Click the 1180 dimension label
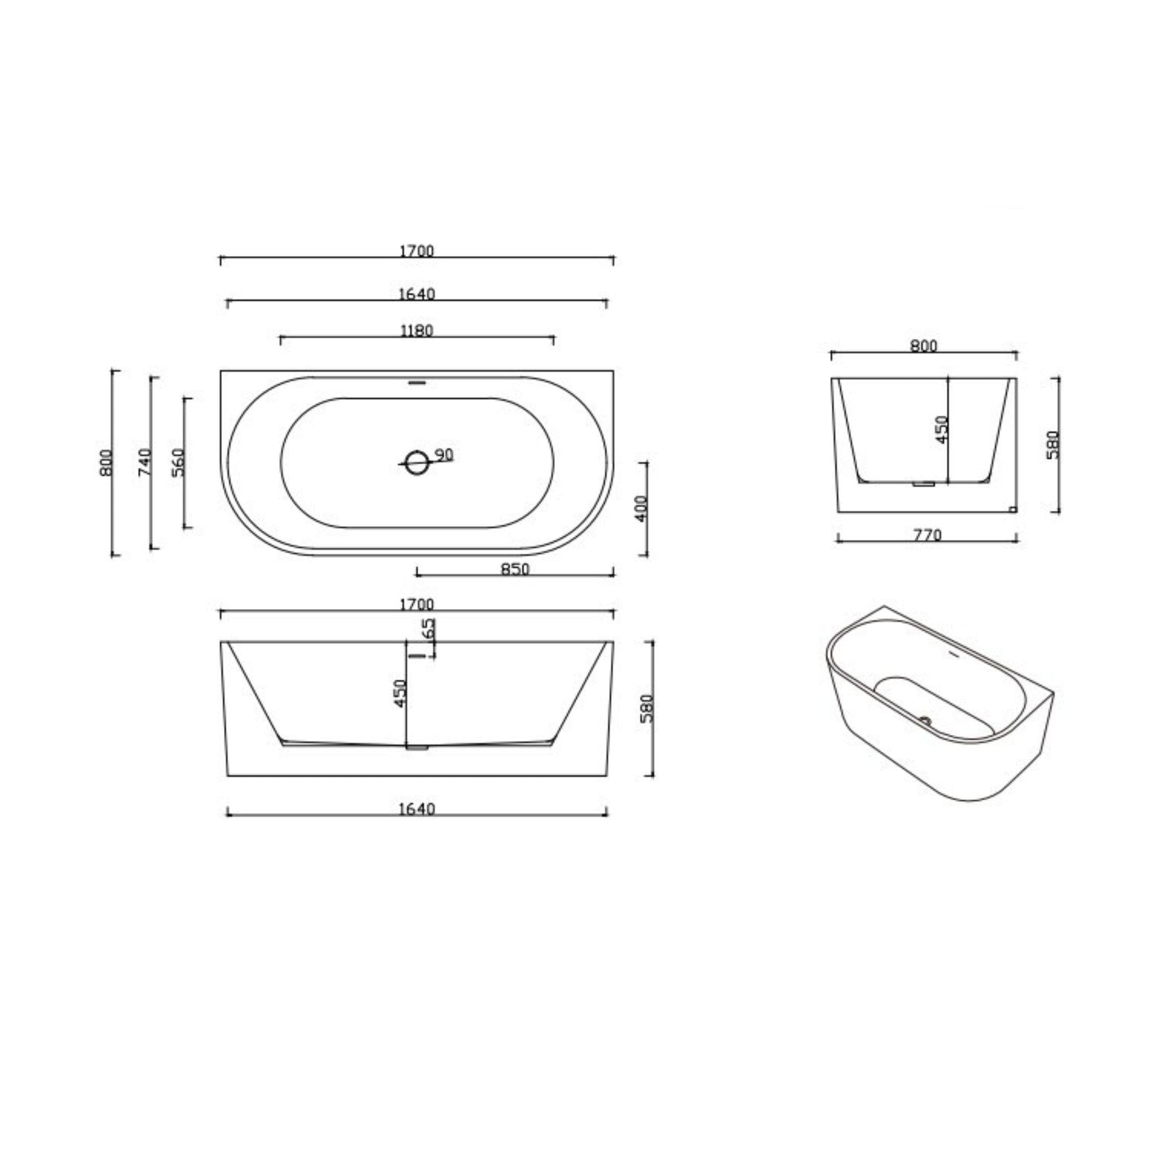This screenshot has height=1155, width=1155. (x=416, y=330)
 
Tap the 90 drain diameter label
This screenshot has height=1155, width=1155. (x=444, y=455)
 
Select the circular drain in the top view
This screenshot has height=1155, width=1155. (x=417, y=462)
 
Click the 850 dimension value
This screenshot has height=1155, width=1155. (x=515, y=569)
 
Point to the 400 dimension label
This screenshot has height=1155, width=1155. (x=641, y=509)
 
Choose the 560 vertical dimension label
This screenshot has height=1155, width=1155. (x=178, y=462)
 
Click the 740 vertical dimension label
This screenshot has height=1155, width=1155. (x=145, y=462)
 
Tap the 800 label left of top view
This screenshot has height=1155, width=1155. (x=106, y=462)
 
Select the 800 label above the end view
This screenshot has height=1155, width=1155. (x=924, y=346)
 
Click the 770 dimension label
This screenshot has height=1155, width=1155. (x=927, y=535)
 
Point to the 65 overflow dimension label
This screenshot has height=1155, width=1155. (x=428, y=629)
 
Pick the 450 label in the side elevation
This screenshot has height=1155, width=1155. (x=400, y=693)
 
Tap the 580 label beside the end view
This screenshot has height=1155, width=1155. (x=1053, y=445)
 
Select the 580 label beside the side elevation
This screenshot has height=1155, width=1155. (x=647, y=708)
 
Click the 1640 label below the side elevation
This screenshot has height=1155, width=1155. (x=417, y=809)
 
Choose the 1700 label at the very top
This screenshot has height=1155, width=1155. (x=417, y=251)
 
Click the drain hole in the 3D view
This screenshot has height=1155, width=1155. (x=926, y=721)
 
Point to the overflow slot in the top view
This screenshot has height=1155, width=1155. (x=417, y=382)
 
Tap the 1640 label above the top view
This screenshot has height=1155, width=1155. (x=417, y=294)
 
